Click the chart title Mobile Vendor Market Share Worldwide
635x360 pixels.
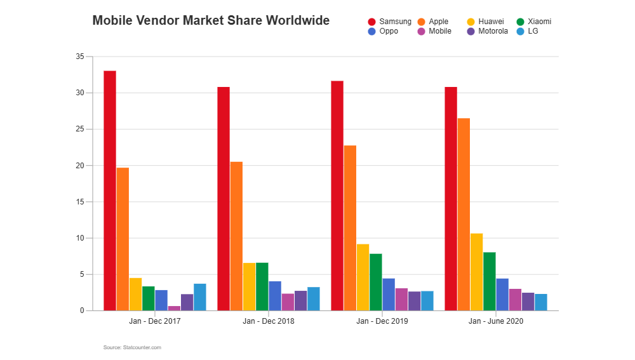coord(211,20)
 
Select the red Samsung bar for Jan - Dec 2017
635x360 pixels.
coord(110,190)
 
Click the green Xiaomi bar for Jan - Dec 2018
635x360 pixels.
coord(262,286)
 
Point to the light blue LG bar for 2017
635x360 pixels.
coord(200,297)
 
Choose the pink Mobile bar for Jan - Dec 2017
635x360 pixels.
coord(174,308)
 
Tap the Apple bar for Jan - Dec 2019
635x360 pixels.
coord(350,228)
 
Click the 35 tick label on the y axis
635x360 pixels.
coord(79,57)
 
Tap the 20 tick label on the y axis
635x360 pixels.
coord(79,166)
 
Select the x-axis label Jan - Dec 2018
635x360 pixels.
coord(268,321)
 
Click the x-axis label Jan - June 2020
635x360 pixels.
coord(496,321)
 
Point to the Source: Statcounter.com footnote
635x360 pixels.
coord(132,347)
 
